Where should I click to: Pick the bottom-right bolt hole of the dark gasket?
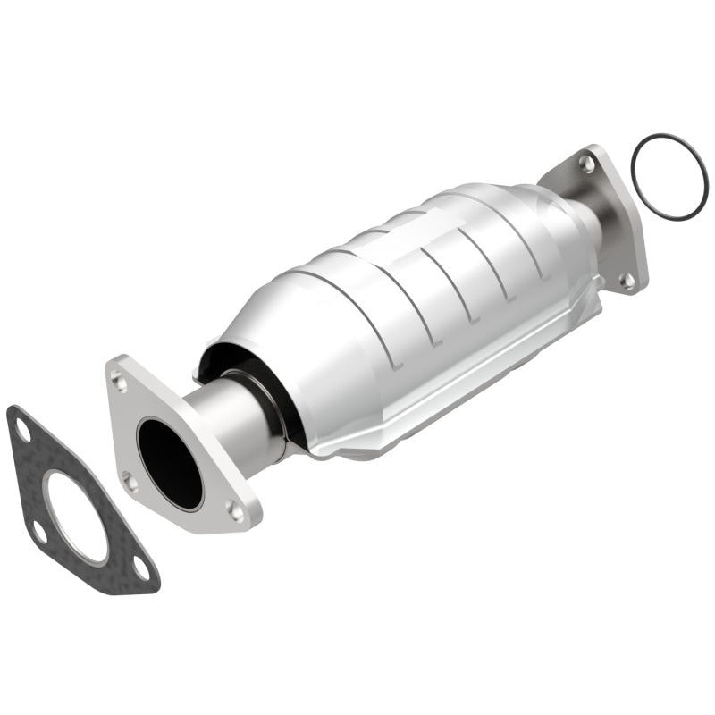(x=140, y=566)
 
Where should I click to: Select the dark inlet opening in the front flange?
(x=170, y=462)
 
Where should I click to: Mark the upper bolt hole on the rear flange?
(x=586, y=164)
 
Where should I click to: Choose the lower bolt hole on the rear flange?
(x=628, y=280)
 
